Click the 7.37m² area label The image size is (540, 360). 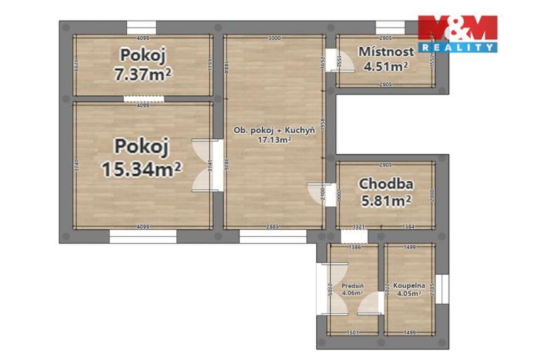click(x=142, y=74)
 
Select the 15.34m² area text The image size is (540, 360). click(x=142, y=167)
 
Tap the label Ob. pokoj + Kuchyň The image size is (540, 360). click(x=274, y=131)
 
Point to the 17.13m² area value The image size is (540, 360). click(x=275, y=140)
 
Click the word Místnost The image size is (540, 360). click(x=386, y=52)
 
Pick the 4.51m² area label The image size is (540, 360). click(x=386, y=65)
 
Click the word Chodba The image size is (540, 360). click(x=386, y=185)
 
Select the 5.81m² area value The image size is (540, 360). click(x=386, y=201)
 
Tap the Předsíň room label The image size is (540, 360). click(x=353, y=285)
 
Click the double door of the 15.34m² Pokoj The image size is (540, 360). click(x=204, y=165)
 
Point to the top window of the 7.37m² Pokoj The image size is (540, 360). click(x=142, y=27)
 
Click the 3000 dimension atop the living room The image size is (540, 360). click(x=274, y=38)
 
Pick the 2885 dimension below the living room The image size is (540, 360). click(x=272, y=226)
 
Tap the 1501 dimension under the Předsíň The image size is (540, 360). click(x=352, y=332)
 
